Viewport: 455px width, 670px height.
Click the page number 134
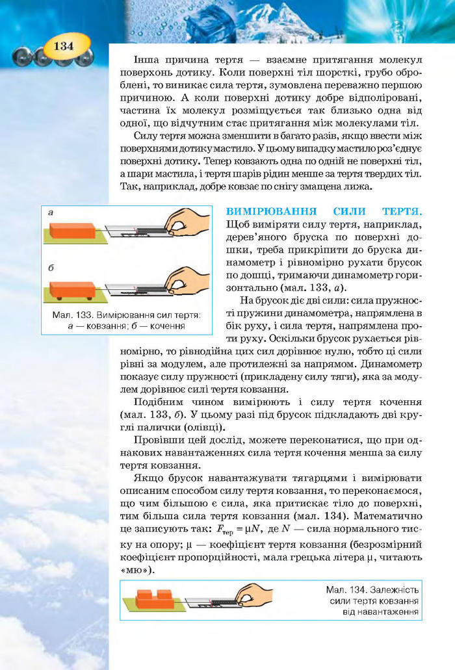64,47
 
